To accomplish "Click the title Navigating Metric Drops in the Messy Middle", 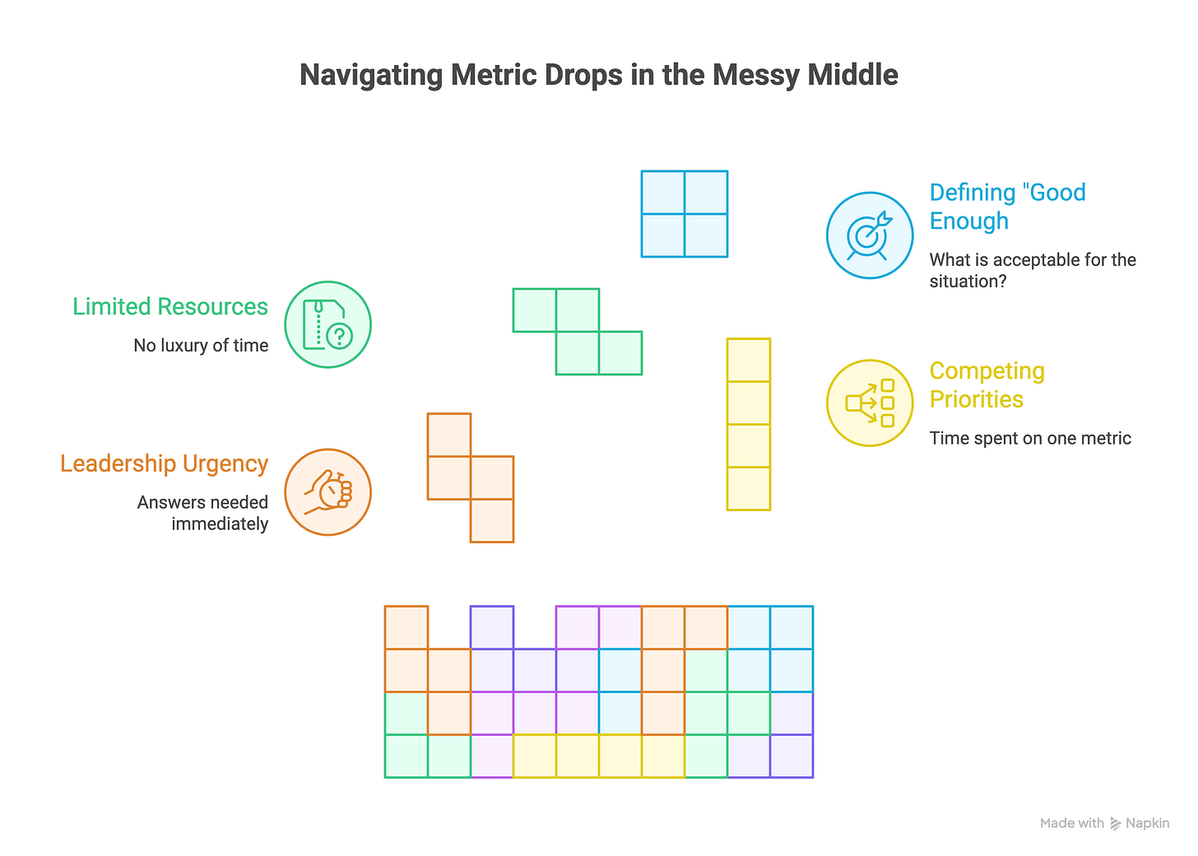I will pyautogui.click(x=598, y=75).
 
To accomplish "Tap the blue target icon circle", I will pyautogui.click(x=870, y=235).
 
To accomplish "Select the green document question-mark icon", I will pyautogui.click(x=327, y=324).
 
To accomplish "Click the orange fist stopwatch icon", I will pyautogui.click(x=327, y=492).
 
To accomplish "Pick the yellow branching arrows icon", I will pyautogui.click(x=870, y=403).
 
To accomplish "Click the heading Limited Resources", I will pyautogui.click(x=170, y=306).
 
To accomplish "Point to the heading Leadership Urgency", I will pyautogui.click(x=164, y=463).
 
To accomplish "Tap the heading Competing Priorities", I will pyautogui.click(x=987, y=384).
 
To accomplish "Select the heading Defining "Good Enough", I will pyautogui.click(x=1007, y=207).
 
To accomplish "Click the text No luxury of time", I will pyautogui.click(x=201, y=346).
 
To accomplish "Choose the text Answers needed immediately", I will pyautogui.click(x=202, y=513).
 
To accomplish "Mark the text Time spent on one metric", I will pyautogui.click(x=1030, y=438).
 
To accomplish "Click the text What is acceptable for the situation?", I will pyautogui.click(x=1032, y=270).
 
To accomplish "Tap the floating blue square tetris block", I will pyautogui.click(x=685, y=214).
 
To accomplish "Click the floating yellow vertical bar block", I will pyautogui.click(x=749, y=424).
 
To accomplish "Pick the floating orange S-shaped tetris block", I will pyautogui.click(x=471, y=477).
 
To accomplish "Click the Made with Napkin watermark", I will pyautogui.click(x=1104, y=823).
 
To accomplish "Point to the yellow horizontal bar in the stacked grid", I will pyautogui.click(x=599, y=756).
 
